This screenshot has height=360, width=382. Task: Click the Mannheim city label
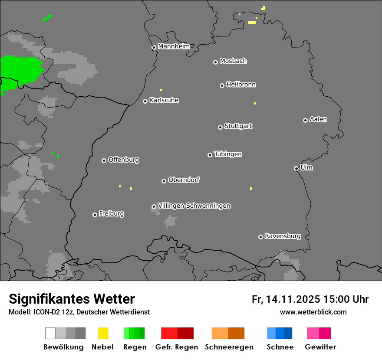coord(174,46)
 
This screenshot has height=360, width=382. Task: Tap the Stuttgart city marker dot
coord(220,127)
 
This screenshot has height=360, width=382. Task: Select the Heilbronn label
coord(241,85)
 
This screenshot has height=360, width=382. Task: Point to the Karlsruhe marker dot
coord(145,101)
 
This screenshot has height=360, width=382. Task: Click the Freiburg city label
coord(111,213)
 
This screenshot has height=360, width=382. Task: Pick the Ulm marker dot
coord(296,168)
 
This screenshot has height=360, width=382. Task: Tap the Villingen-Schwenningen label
coord(194,206)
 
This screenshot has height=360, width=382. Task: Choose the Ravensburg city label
coord(283,236)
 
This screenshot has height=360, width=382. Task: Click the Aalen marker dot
coord(305,120)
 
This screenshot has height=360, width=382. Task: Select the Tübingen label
coord(228,154)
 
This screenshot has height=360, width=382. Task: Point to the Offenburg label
coord(123,160)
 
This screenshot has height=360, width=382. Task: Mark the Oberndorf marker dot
coord(164,181)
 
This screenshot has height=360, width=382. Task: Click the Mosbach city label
coord(233,61)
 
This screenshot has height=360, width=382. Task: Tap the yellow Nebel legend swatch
coord(103,333)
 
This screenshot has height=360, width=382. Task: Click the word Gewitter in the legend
coord(320,347)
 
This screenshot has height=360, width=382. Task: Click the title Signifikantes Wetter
coord(72,299)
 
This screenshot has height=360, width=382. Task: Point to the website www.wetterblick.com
coord(313,312)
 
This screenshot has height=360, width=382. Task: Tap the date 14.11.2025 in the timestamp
coord(293,299)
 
